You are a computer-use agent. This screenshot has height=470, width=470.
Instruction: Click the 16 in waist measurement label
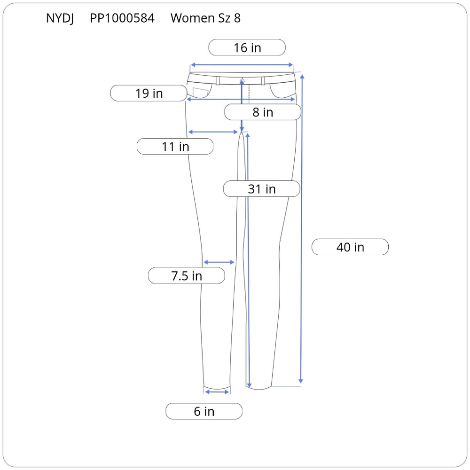pos(247,47)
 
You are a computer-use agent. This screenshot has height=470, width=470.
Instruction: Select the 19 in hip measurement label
pos(149,93)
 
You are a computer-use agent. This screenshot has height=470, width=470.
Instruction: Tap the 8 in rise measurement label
pos(263,112)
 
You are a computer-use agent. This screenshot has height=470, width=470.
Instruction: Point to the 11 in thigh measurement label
pos(175,147)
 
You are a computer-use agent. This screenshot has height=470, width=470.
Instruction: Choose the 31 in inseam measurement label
pos(261,189)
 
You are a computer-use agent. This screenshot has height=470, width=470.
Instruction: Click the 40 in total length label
pos(350,247)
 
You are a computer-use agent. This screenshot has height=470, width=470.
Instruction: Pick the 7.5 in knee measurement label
pos(187,275)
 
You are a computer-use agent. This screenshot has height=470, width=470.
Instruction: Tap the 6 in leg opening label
pos(204,411)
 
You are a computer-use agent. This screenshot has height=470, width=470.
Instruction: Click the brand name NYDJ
pos(60,18)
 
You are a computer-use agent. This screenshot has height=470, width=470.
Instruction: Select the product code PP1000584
pos(122,18)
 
